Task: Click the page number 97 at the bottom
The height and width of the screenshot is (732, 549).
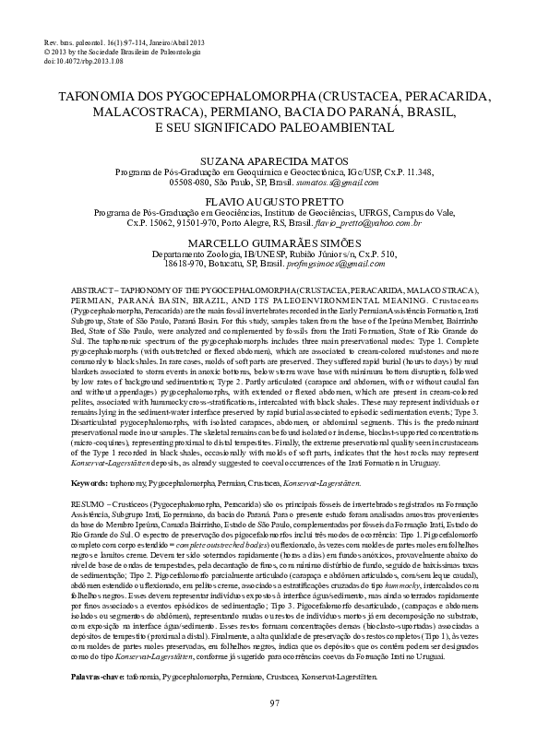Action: tap(274, 703)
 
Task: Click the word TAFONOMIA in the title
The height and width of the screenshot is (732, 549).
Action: tap(96, 95)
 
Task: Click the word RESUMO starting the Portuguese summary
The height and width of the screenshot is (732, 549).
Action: tap(89, 507)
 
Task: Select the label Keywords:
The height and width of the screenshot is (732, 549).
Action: tap(90, 482)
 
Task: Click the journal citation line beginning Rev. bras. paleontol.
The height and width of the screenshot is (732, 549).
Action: tap(118, 44)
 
